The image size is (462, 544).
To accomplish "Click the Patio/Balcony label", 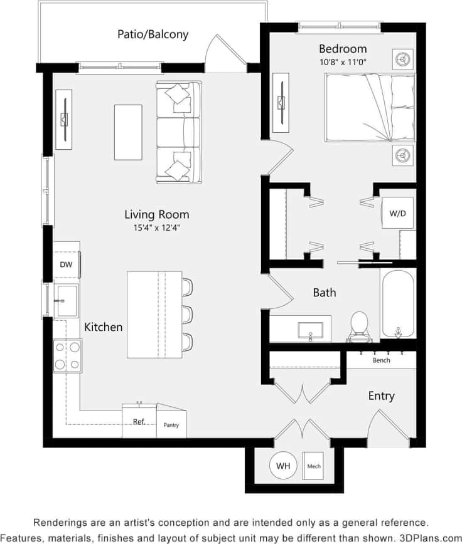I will (x=153, y=34).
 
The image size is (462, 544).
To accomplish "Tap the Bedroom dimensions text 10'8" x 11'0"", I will (x=343, y=62).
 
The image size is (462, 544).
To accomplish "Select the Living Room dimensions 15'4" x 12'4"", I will (x=156, y=228).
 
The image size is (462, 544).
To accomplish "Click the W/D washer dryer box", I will (x=397, y=213).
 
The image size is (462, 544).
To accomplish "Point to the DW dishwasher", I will (x=66, y=264).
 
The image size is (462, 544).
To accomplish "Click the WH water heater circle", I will (x=283, y=466).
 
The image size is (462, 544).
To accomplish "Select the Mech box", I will (x=314, y=466).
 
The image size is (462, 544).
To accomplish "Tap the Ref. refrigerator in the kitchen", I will (x=139, y=422).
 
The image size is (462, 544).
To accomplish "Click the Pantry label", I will (x=171, y=425).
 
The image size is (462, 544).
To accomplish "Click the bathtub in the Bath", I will (x=397, y=303).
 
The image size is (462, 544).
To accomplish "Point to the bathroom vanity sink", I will (x=310, y=330).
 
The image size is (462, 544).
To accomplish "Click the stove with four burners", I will (x=67, y=355).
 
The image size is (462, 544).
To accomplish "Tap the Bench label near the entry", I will (x=381, y=360).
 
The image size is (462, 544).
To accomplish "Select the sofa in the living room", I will (x=179, y=132).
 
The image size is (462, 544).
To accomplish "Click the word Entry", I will (x=381, y=395).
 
